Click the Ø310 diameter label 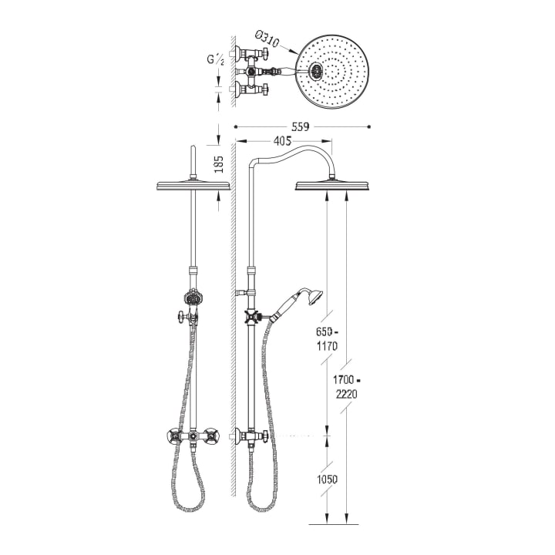click(267, 39)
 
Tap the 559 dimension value click(300, 126)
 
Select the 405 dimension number click(282, 141)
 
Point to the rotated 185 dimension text click(219, 164)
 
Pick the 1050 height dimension click(327, 479)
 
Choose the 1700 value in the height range click(343, 380)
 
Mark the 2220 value click(347, 394)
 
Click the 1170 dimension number click(327, 346)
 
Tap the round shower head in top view click(332, 72)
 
